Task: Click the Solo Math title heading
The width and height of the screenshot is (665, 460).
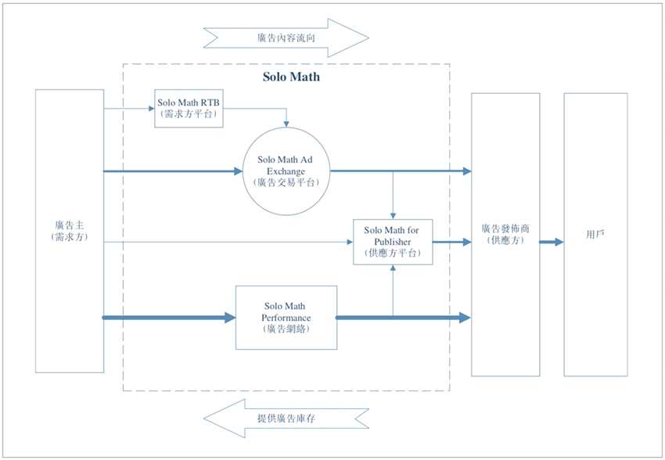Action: click(x=289, y=77)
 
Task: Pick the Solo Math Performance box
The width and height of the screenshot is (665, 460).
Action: click(x=286, y=318)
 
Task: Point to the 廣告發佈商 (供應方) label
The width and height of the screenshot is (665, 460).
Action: click(x=505, y=235)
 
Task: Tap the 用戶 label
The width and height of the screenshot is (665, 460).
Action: click(x=595, y=234)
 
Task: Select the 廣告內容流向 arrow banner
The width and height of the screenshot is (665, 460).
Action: click(x=286, y=37)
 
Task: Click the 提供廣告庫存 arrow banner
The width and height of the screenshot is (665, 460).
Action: click(x=286, y=419)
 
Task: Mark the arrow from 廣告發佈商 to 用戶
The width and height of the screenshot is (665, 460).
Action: click(x=551, y=242)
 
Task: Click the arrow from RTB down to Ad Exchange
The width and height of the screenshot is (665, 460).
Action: click(x=287, y=117)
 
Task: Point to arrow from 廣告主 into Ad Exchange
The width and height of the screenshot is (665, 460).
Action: click(x=172, y=171)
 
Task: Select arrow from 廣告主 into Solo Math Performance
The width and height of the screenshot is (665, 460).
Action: click(x=169, y=318)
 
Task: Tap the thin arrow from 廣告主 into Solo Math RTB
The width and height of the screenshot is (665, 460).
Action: click(x=129, y=108)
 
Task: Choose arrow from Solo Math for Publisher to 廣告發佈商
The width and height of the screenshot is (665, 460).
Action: click(x=451, y=243)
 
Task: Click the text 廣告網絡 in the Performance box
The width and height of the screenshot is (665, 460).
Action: click(x=286, y=329)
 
